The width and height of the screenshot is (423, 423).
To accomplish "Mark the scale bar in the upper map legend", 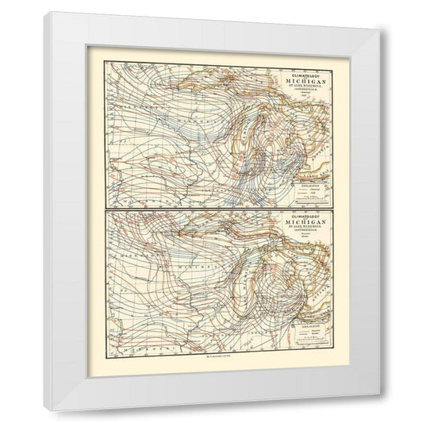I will coord(306,202).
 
